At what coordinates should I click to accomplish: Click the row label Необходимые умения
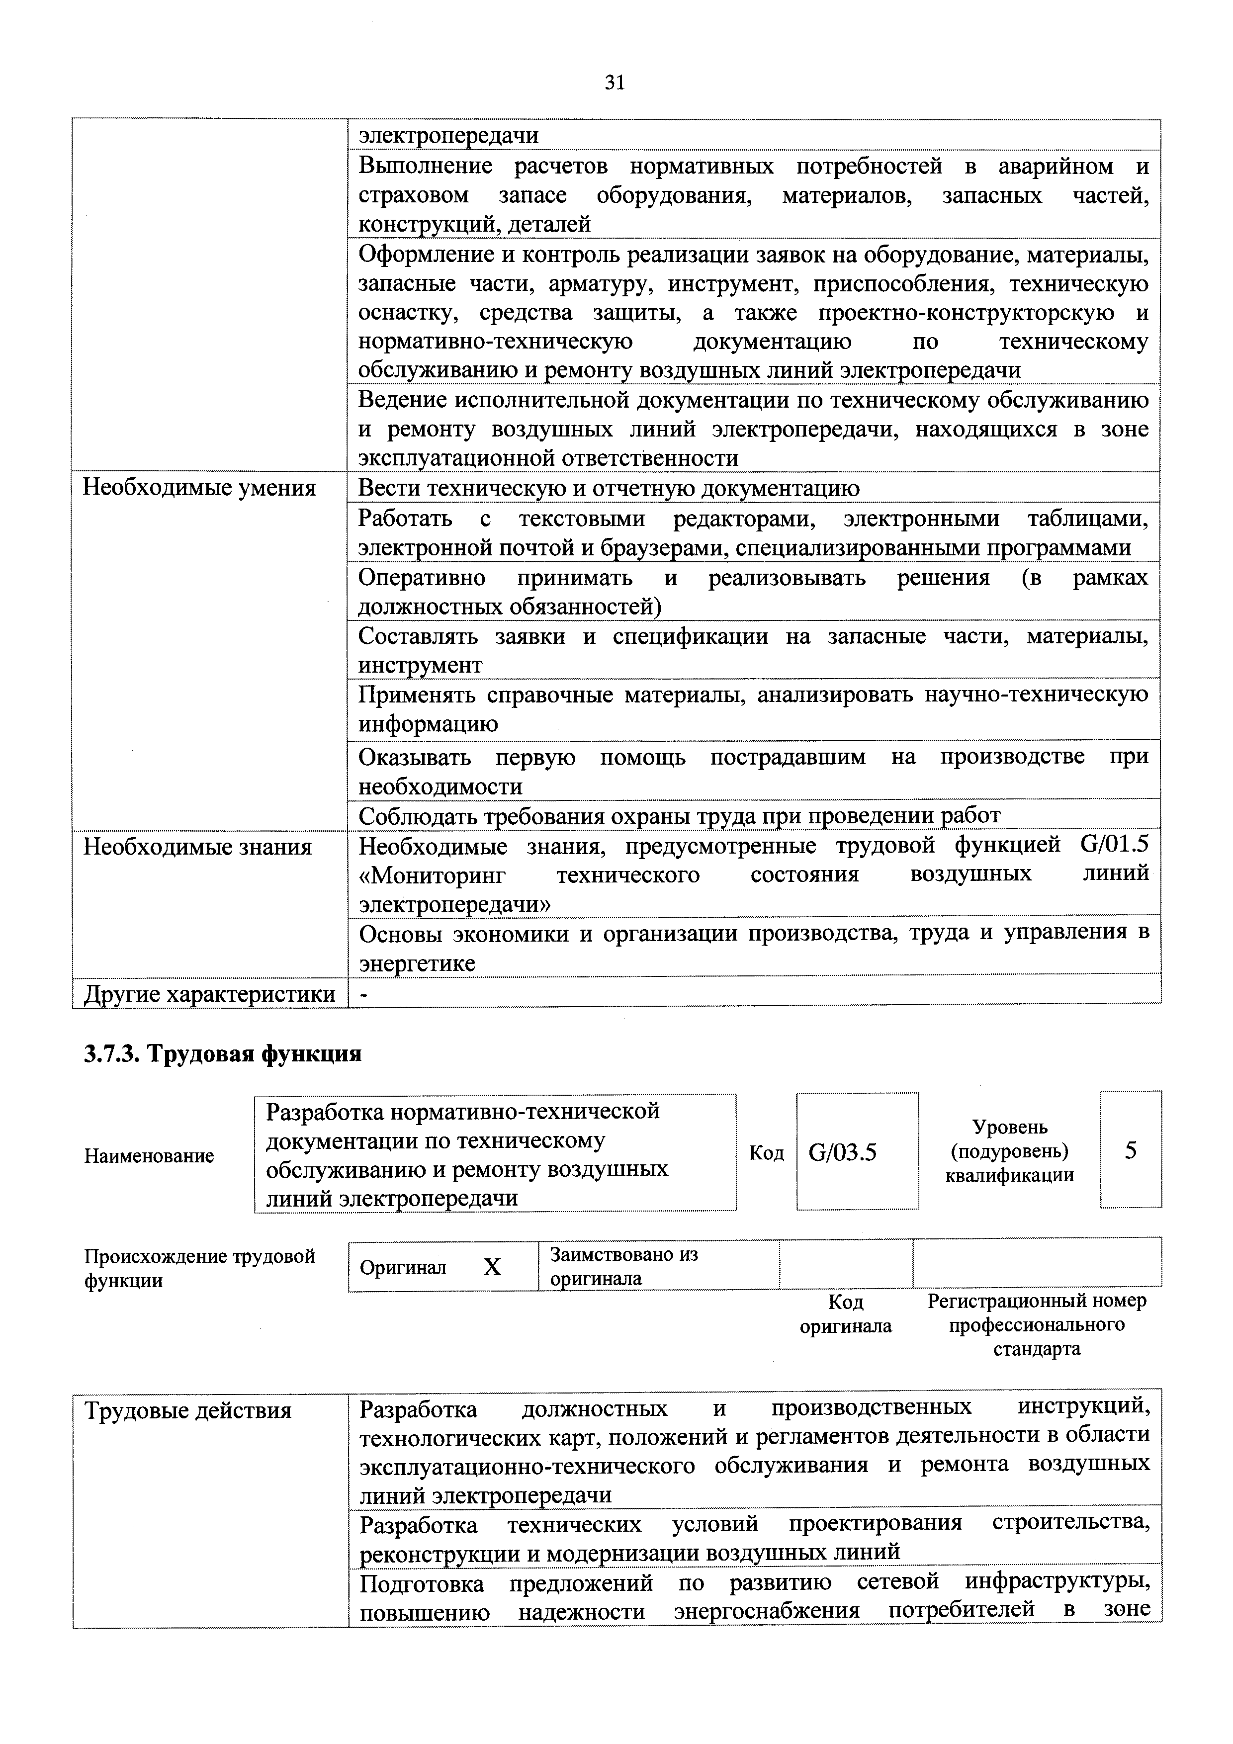[x=199, y=488]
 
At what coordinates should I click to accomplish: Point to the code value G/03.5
[x=843, y=1152]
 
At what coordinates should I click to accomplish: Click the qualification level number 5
[x=1131, y=1151]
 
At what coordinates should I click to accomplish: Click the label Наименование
[x=149, y=1156]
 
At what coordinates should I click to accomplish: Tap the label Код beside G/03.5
[x=766, y=1153]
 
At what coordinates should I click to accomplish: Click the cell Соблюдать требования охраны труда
[x=679, y=816]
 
